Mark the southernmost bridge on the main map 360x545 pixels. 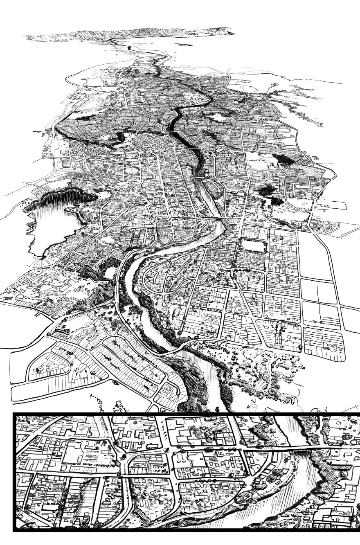(x=172, y=351)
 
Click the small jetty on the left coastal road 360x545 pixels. (x=39, y=315)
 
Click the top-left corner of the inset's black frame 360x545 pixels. (x=15, y=414)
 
